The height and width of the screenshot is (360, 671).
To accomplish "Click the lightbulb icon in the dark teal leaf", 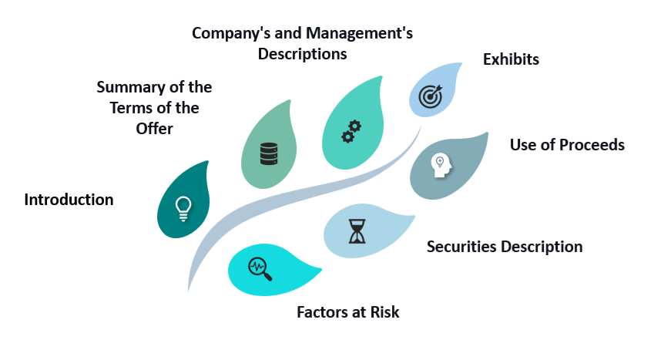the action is (183, 209).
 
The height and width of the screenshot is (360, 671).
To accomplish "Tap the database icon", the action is (269, 153).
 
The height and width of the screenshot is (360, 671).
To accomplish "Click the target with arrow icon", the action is (431, 96).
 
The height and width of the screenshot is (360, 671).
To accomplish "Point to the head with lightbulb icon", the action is (441, 165).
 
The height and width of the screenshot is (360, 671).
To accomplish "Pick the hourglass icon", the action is (357, 231).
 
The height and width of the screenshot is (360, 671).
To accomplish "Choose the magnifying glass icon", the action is (260, 269).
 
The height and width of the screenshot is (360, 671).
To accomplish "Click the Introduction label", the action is (69, 200).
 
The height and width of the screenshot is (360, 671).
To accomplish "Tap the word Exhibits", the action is (511, 59).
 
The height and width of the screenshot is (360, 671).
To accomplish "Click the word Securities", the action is (461, 247).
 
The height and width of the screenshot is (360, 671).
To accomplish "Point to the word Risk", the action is (384, 312).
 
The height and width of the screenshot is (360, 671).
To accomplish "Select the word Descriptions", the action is (302, 54).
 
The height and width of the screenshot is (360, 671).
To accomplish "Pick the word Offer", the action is (155, 129).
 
